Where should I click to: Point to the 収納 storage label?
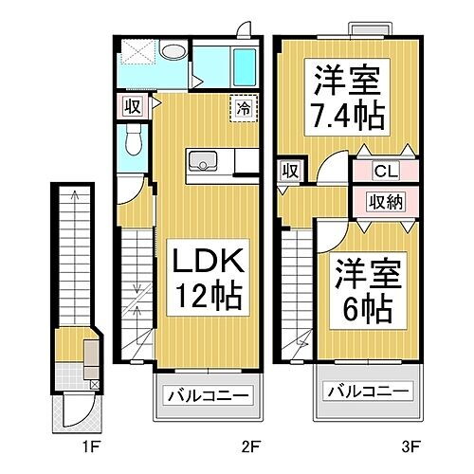[385, 201]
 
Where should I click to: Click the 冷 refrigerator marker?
[244, 108]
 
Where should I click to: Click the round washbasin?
[173, 53]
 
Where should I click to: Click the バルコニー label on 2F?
[209, 396]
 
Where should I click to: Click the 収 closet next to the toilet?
[130, 106]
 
